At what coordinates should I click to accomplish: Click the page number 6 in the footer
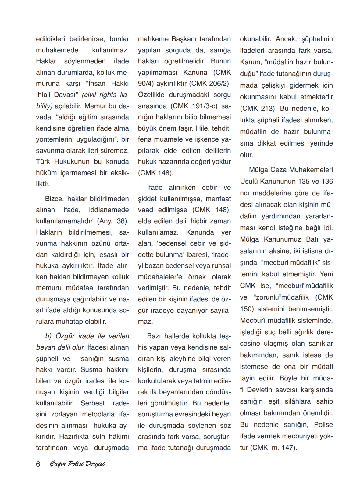pos(38,464)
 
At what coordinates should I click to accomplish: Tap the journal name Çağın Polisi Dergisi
pos(77,464)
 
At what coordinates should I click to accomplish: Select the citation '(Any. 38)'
pos(113,221)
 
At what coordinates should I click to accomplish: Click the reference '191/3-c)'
pos(203,106)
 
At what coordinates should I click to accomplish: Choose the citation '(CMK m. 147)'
pos(273,448)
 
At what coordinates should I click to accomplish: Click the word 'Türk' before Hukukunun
pos(43,161)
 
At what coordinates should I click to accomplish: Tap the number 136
pos(327,181)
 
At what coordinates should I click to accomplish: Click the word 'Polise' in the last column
pos(323,425)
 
